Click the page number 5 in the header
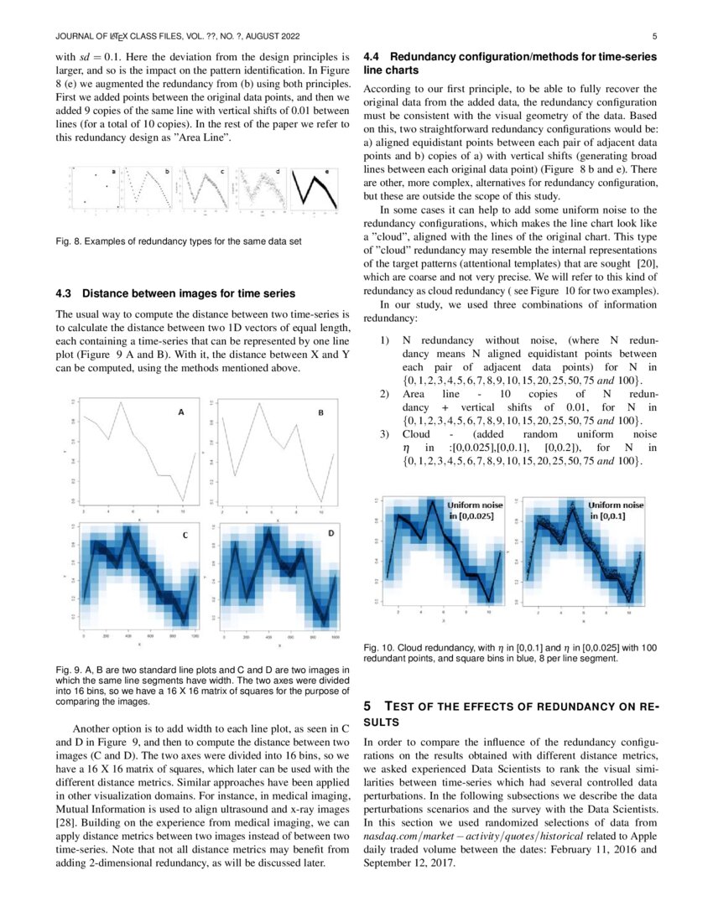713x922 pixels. tap(654, 37)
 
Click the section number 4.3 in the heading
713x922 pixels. tap(64, 293)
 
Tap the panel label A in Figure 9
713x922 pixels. tap(180, 412)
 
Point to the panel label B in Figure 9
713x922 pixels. tap(320, 412)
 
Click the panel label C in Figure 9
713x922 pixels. tap(185, 535)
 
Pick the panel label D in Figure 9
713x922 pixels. tap(330, 533)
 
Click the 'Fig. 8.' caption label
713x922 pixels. tap(68, 241)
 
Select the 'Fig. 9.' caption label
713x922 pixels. tap(68, 670)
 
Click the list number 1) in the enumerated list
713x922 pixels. tap(385, 342)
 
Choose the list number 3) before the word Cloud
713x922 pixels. tap(385, 434)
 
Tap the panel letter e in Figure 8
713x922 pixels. tap(327, 171)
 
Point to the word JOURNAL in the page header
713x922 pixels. tap(74, 37)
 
